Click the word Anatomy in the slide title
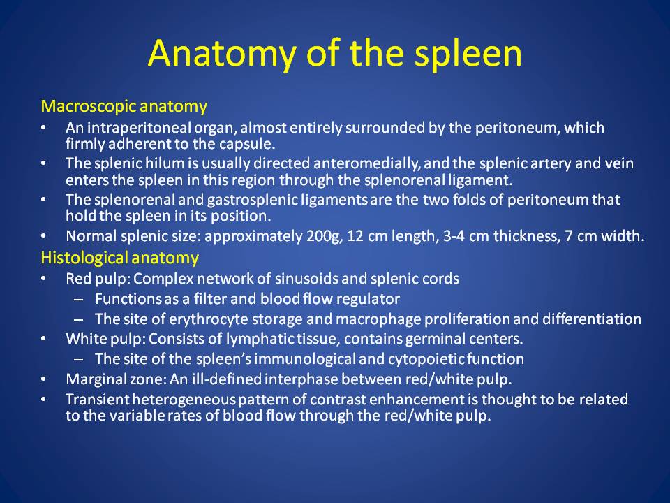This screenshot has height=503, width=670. pyautogui.click(x=222, y=54)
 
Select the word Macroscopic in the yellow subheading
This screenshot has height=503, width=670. pyautogui.click(x=89, y=106)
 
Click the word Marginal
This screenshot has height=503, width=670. pyautogui.click(x=96, y=379)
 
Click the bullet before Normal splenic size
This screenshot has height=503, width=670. pyautogui.click(x=43, y=236)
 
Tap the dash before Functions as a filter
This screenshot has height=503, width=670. pyautogui.click(x=78, y=300)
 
